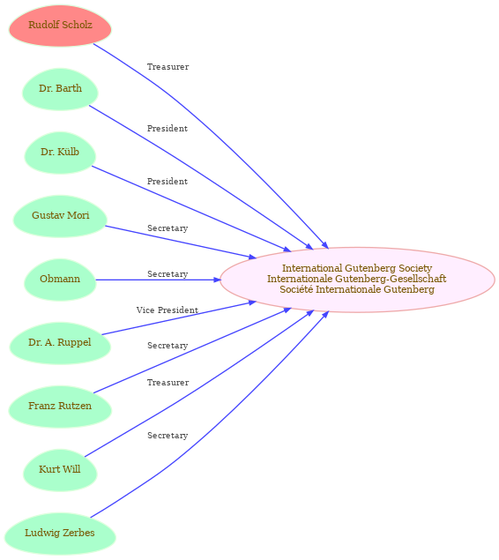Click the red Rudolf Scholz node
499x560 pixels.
pos(60,26)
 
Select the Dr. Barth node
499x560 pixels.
pos(60,89)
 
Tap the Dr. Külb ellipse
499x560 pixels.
pos(60,153)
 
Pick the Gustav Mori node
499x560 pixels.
pos(60,216)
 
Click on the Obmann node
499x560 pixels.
pos(60,280)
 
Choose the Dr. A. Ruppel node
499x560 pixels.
pos(60,344)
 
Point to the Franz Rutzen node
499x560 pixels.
pos(60,407)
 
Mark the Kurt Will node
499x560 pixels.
pos(60,470)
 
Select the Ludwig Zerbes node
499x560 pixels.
pos(60,534)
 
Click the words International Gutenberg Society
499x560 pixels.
pos(357,268)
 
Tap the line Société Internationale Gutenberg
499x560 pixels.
pos(357,289)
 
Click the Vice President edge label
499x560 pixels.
pos(167,310)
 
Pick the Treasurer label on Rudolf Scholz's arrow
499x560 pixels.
pos(168,67)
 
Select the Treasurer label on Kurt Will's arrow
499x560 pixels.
pos(168,383)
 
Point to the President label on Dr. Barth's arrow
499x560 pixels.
pos(168,129)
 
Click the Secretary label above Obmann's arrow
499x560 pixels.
pos(168,274)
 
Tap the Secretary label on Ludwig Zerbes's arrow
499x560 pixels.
pos(168,436)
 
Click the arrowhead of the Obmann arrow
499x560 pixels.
pos(218,280)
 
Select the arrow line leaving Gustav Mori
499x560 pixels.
pos(181,242)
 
